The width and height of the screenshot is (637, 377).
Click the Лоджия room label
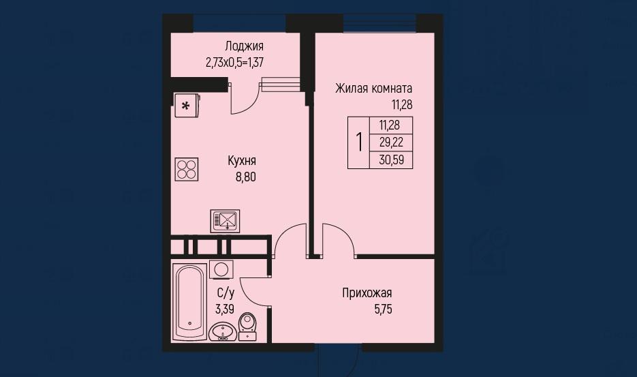pyautogui.click(x=244, y=46)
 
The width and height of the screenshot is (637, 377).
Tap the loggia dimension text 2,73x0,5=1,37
pyautogui.click(x=235, y=63)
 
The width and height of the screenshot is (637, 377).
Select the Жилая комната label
pyautogui.click(x=374, y=88)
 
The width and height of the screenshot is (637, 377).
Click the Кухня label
pyautogui.click(x=242, y=161)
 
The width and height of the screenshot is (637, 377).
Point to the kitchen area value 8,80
pyautogui.click(x=246, y=177)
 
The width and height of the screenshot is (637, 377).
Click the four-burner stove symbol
pyautogui.click(x=187, y=169)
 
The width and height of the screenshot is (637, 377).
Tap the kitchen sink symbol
pyautogui.click(x=225, y=221)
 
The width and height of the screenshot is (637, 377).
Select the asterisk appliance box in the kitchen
pyautogui.click(x=187, y=106)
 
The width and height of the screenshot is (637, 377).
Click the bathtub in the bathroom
pyautogui.click(x=189, y=302)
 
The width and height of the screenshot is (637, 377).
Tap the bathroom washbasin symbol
pyautogui.click(x=223, y=332)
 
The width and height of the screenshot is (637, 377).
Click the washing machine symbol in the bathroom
pyautogui.click(x=221, y=269)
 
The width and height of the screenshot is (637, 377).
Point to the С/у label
pyautogui.click(x=226, y=293)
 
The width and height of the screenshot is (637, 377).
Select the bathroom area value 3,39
pyautogui.click(x=225, y=309)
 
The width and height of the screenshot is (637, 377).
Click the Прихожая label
pyautogui.click(x=367, y=293)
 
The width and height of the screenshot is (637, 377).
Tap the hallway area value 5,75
pyautogui.click(x=383, y=310)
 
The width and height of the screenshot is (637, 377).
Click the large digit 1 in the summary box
pyautogui.click(x=359, y=142)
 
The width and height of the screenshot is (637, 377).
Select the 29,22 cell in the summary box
pyautogui.click(x=391, y=142)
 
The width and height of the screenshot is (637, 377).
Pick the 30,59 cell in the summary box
pyautogui.click(x=391, y=160)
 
